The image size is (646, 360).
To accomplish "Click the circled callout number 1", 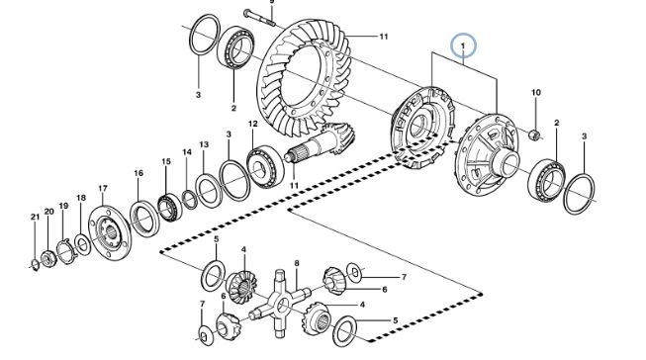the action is pyautogui.click(x=463, y=45).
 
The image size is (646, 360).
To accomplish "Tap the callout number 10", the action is pyautogui.click(x=535, y=93).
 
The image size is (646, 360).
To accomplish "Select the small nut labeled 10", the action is pyautogui.click(x=535, y=135).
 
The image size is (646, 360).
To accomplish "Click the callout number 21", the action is pyautogui.click(x=35, y=217).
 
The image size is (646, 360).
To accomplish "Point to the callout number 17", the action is pyautogui.click(x=103, y=189).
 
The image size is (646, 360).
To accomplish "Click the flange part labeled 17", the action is pyautogui.click(x=110, y=232).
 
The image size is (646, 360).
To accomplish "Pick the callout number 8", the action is pyautogui.click(x=297, y=263).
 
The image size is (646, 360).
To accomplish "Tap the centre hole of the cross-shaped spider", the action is pyautogui.click(x=282, y=306).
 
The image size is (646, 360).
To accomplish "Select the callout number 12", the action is pyautogui.click(x=253, y=124).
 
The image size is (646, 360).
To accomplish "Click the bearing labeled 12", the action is pyautogui.click(x=266, y=167).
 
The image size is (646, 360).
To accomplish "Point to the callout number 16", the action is pyautogui.click(x=138, y=173).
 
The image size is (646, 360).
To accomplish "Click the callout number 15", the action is pyautogui.click(x=166, y=162).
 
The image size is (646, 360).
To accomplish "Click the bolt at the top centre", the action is pyautogui.click(x=259, y=17).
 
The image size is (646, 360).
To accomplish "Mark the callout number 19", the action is pyautogui.click(x=63, y=206).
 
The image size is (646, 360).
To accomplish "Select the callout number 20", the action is pyautogui.click(x=49, y=212).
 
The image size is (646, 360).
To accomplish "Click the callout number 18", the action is pyautogui.click(x=81, y=198).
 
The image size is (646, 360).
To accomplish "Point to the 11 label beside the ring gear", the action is pyautogui.click(x=384, y=37).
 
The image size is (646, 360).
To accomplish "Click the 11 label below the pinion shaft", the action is pyautogui.click(x=294, y=186).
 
